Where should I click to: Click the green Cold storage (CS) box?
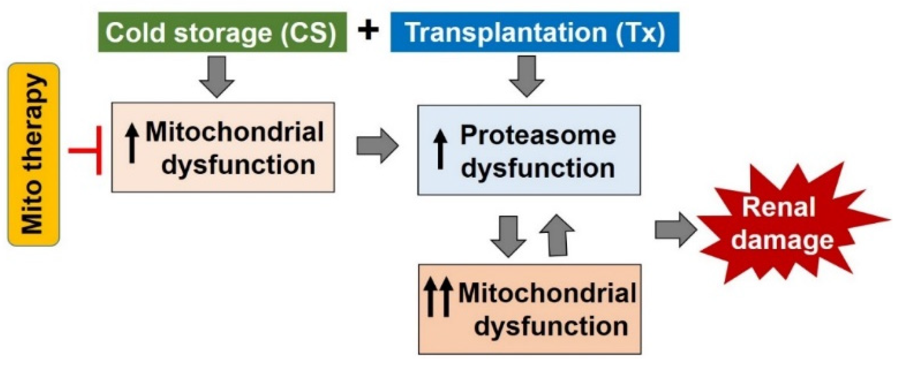click(222, 33)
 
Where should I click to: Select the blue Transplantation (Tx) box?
click(534, 33)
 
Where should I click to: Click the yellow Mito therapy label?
click(33, 155)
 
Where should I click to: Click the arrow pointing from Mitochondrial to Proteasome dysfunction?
click(377, 146)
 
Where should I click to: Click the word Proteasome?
click(538, 136)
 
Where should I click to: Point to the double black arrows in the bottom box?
click(438, 296)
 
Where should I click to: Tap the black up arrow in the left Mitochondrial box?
click(132, 143)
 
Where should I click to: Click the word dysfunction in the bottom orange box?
click(551, 326)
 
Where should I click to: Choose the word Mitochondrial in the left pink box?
click(234, 132)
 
